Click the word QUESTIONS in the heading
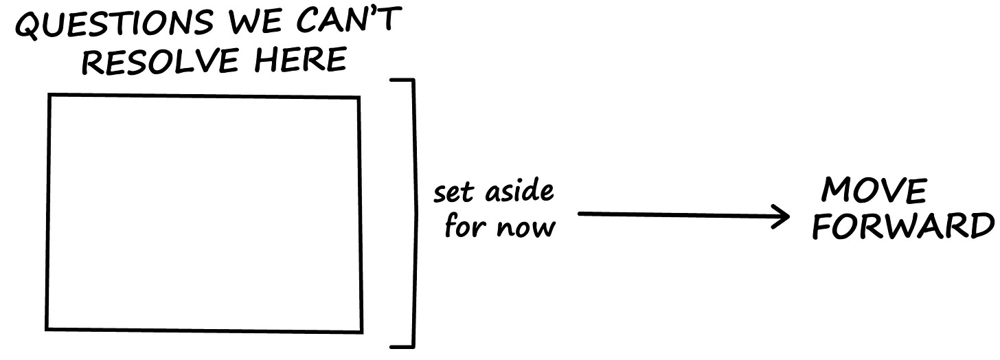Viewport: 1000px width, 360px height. click(x=114, y=27)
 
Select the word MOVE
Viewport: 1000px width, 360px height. click(x=874, y=190)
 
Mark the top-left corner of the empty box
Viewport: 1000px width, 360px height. click(x=49, y=95)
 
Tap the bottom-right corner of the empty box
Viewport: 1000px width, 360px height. click(x=362, y=332)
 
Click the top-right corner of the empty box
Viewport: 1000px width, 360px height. click(x=359, y=98)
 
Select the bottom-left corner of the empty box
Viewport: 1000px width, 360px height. click(x=47, y=329)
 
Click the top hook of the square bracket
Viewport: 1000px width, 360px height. click(x=402, y=81)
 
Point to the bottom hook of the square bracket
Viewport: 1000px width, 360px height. click(x=402, y=346)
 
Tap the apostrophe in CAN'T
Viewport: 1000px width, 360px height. click(x=372, y=13)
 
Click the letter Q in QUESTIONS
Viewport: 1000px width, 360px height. click(x=30, y=29)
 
